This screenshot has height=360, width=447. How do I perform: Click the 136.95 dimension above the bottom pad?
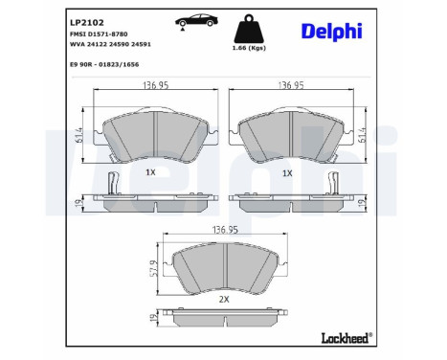pyautogui.click(x=224, y=231)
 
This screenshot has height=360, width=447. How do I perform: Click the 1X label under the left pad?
pyautogui.click(x=150, y=172)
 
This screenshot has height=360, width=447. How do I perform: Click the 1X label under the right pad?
pyautogui.click(x=287, y=172)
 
